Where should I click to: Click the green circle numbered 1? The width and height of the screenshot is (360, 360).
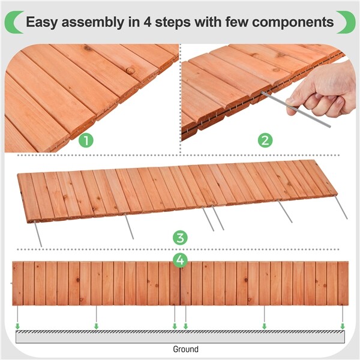click(x=88, y=141)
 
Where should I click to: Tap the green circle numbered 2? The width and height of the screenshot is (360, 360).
click(x=265, y=141)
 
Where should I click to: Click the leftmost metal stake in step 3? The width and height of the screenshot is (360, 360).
click(x=38, y=233)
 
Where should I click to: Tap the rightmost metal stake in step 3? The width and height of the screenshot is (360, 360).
click(x=342, y=210)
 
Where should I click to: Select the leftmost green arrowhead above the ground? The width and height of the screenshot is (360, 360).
click(x=18, y=326)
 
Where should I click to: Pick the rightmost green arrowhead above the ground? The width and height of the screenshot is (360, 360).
click(x=343, y=326)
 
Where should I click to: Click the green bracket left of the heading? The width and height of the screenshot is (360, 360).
click(x=12, y=22)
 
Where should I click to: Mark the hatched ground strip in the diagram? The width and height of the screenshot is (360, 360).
click(x=180, y=333)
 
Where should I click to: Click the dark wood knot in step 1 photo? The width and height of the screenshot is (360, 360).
click(x=130, y=70)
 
